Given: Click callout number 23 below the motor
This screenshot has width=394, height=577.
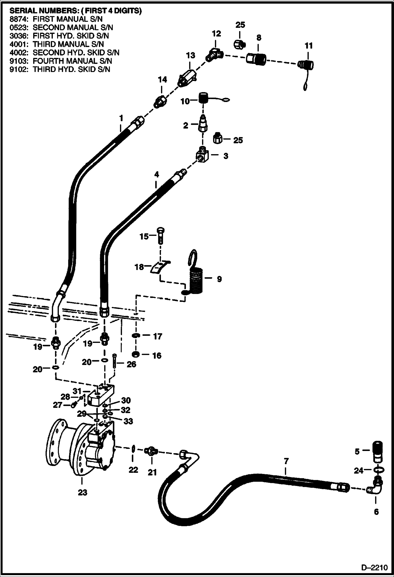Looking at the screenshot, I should click(82, 492).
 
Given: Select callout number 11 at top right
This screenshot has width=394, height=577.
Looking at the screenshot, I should click(309, 46).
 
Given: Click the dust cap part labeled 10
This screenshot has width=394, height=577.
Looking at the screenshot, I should click(203, 98).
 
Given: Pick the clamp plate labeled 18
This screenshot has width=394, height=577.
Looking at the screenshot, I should click(159, 268).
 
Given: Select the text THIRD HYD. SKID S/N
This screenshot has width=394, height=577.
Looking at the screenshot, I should click(71, 69).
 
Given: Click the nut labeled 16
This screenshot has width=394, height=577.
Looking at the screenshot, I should click(136, 355).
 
